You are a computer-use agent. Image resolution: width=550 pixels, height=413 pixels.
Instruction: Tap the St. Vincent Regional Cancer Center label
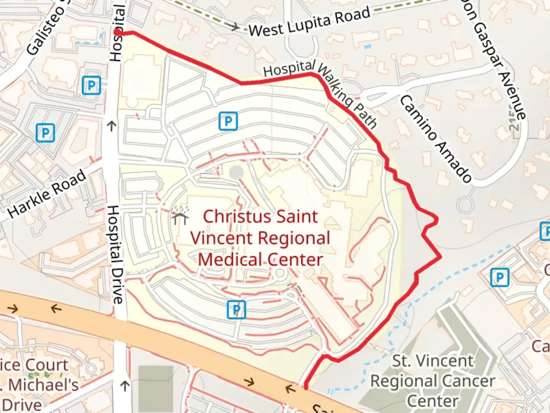[x=432, y=381]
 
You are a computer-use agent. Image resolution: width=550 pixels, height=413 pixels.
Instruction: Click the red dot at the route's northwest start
[x=117, y=33]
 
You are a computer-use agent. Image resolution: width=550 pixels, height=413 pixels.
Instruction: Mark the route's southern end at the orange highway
[x=306, y=388]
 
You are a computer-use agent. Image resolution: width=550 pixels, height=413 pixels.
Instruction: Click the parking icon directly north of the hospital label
[x=228, y=122]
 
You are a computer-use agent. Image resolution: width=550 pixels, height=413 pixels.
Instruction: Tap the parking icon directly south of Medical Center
[x=236, y=309]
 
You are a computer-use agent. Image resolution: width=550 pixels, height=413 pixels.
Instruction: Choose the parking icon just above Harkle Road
[x=45, y=133]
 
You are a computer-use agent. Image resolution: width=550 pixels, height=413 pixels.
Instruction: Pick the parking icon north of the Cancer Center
[x=499, y=278]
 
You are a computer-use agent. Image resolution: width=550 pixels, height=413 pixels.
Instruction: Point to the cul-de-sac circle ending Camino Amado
[x=465, y=205]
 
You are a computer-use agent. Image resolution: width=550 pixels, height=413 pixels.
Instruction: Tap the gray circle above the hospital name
[x=236, y=173]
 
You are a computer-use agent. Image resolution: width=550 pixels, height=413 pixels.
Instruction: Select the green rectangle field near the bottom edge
[x=155, y=388]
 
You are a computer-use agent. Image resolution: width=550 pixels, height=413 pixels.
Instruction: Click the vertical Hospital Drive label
[x=115, y=254]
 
